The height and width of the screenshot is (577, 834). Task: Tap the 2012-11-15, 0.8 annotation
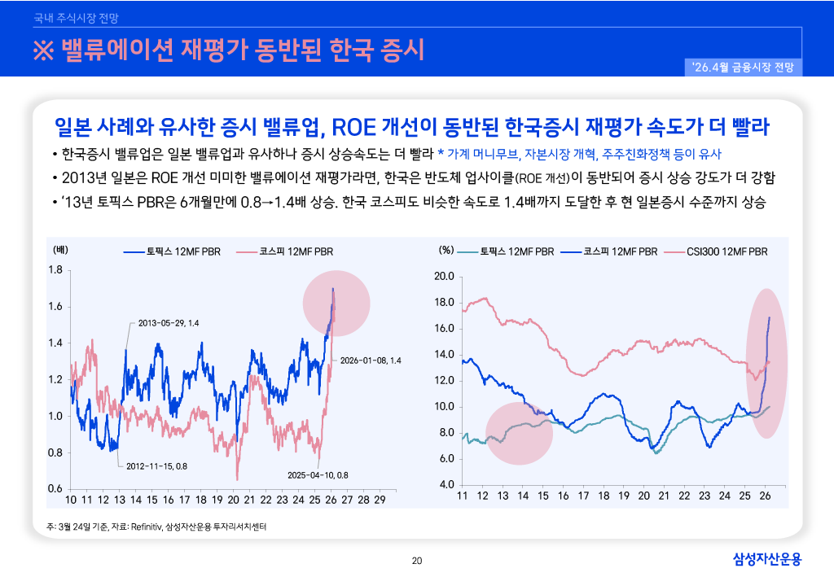click(157, 466)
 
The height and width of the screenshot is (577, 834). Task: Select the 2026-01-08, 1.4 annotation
click(371, 360)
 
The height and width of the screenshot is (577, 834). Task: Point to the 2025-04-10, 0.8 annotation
click(318, 475)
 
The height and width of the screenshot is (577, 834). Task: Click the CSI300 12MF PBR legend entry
click(716, 251)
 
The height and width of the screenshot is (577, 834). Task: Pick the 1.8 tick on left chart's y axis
click(55, 270)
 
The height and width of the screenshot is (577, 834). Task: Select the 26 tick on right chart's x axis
click(765, 496)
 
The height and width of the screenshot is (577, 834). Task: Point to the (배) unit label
click(60, 250)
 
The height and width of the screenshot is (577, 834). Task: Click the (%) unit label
click(446, 250)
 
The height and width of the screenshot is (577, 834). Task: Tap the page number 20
click(417, 560)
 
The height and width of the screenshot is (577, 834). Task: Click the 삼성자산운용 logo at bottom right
click(767, 558)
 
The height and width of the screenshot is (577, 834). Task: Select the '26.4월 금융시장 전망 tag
click(744, 67)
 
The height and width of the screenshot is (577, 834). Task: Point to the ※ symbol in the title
click(42, 50)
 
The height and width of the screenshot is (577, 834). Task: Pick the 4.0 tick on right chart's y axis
click(446, 485)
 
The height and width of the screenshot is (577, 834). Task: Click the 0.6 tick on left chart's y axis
click(55, 489)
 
